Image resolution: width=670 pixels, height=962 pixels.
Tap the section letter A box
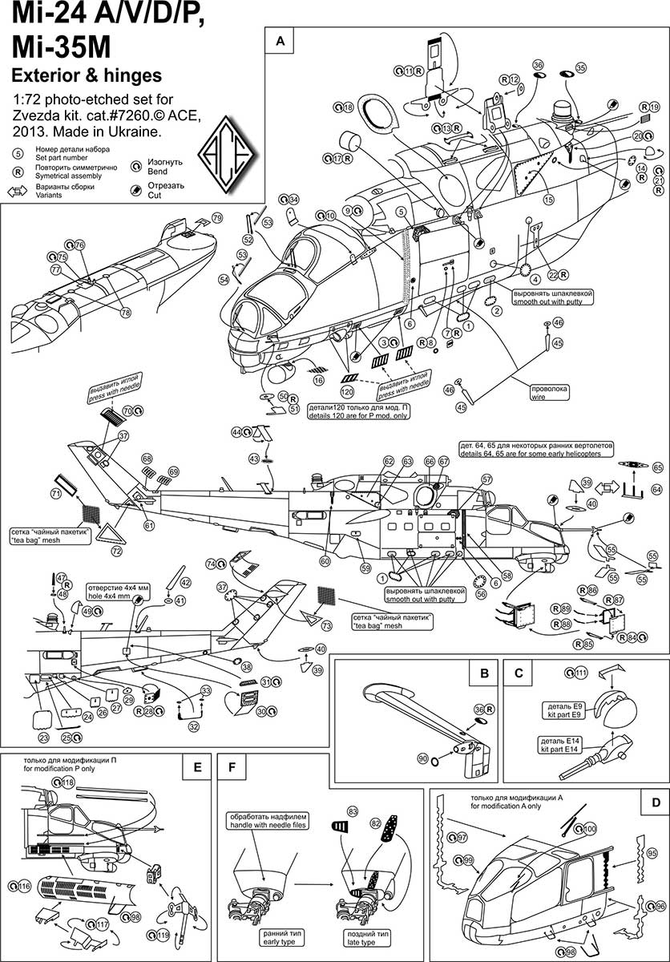tap(280, 40)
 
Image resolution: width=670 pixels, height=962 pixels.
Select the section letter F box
tap(232, 767)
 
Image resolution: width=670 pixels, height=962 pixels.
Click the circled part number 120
tap(347, 393)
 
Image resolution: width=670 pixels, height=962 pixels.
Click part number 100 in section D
tap(591, 828)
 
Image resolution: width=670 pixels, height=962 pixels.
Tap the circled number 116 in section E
tap(25, 887)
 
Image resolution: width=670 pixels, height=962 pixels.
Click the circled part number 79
tap(217, 218)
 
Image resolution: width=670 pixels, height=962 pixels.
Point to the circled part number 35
tap(580, 67)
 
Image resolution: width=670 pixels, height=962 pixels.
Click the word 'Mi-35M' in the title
tap(60, 49)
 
